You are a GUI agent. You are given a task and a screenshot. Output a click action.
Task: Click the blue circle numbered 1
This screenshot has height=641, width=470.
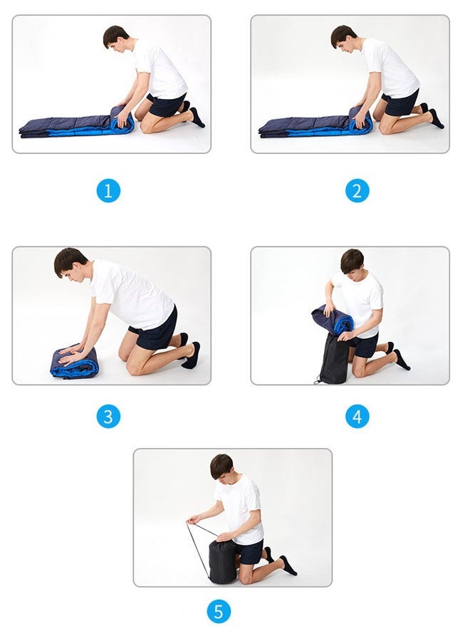[108, 190]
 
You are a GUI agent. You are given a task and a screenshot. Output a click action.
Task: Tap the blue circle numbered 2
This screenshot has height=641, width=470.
[357, 190]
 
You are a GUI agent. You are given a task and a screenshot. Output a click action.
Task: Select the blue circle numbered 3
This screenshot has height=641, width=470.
[108, 417]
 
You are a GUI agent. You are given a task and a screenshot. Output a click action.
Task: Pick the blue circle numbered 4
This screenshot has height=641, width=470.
[357, 417]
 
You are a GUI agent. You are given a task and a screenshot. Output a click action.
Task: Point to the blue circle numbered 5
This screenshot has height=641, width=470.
[219, 612]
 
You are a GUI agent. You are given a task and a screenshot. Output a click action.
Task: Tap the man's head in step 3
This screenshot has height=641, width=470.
[70, 264]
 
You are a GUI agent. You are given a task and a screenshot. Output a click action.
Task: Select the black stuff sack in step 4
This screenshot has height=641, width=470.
[333, 359]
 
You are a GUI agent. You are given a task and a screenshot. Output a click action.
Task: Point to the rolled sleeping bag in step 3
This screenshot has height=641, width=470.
[74, 363]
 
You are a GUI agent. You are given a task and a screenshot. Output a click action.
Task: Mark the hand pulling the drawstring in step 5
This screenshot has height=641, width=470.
[193, 520]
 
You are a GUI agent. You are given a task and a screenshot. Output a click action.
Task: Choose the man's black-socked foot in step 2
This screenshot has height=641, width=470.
[436, 118]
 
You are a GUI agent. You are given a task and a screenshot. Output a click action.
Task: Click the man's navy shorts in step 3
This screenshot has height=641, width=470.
[155, 330]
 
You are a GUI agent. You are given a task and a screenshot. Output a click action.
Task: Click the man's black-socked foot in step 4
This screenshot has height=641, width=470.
[402, 360]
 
